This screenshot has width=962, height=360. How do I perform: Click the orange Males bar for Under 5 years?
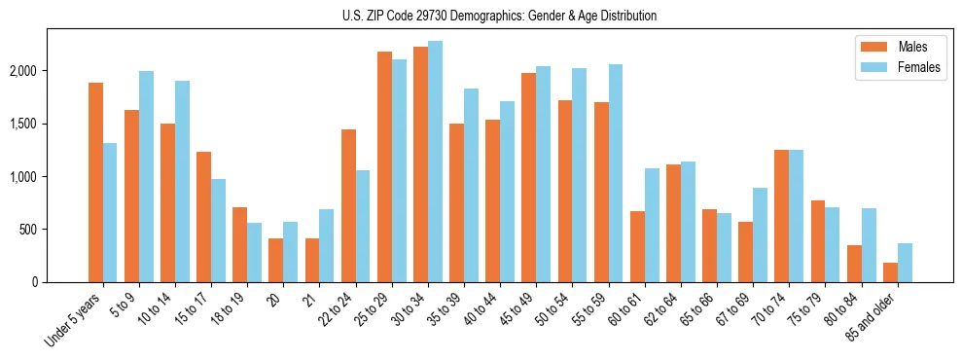(95, 183)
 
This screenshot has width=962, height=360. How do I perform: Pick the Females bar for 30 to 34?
(435, 162)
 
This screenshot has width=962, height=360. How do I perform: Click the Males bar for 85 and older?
(890, 272)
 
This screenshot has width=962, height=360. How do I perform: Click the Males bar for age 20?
(276, 261)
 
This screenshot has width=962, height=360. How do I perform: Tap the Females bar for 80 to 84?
(868, 245)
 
